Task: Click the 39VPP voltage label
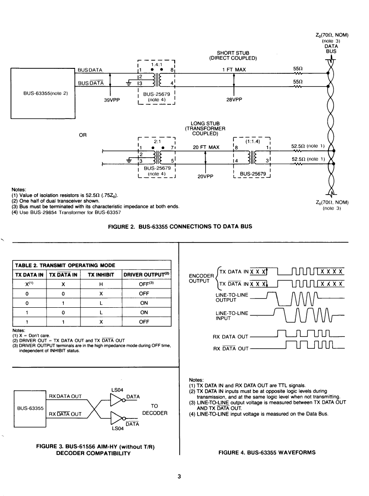tap(112, 100)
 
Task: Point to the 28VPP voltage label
tap(234, 99)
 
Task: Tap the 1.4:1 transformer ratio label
tap(157, 64)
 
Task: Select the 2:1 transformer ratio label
tap(157, 142)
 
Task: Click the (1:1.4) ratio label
tap(253, 141)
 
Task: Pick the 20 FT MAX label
tap(206, 147)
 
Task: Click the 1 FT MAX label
tap(234, 70)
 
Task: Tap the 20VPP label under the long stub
tap(206, 176)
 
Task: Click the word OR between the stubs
tap(83, 135)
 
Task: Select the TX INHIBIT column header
tap(101, 275)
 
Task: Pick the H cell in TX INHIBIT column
tap(101, 284)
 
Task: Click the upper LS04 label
tap(117, 390)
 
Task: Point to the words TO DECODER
tap(155, 409)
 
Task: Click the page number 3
tap(179, 476)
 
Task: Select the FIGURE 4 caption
tap(267, 452)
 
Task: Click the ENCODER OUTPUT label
tap(202, 279)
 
